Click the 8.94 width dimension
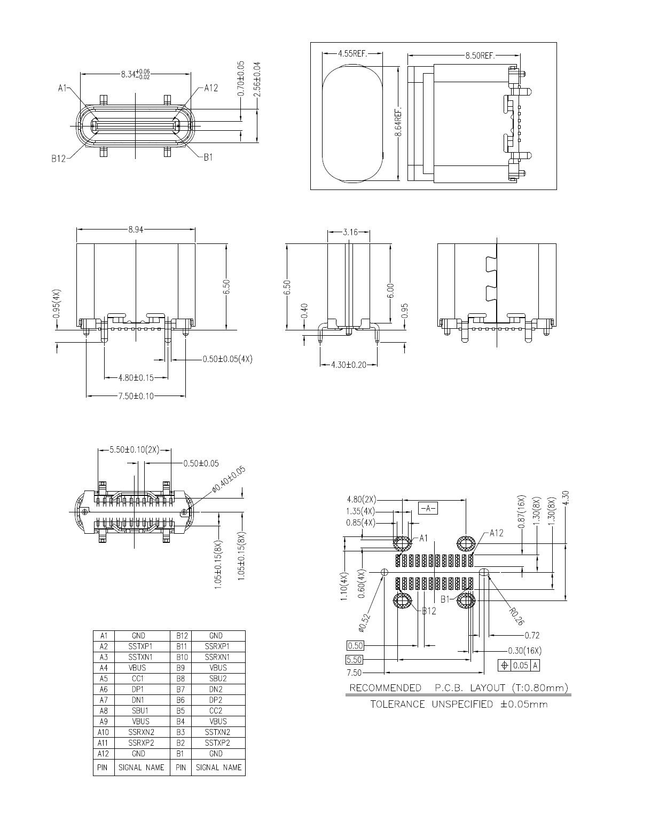pyautogui.click(x=136, y=230)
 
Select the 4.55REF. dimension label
pyautogui.click(x=352, y=53)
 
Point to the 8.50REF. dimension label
pyautogui.click(x=480, y=56)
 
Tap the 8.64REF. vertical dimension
pyautogui.click(x=398, y=122)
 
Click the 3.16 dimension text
pyautogui.click(x=350, y=232)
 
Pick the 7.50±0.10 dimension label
pyautogui.click(x=136, y=396)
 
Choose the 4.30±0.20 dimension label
pyautogui.click(x=349, y=365)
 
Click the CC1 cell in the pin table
pyautogui.click(x=138, y=678)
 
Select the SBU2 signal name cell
pyautogui.click(x=218, y=678)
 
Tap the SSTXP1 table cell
pyautogui.click(x=140, y=646)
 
